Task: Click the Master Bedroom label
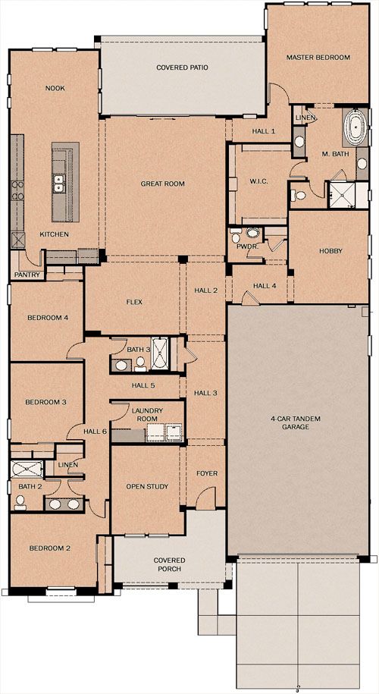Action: tap(318, 57)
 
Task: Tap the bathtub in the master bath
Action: tap(355, 127)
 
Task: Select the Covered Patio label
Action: tap(182, 68)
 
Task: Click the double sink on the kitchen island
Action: tap(58, 184)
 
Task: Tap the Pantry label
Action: tap(27, 275)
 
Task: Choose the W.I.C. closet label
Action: tap(256, 181)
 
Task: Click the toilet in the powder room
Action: tap(236, 237)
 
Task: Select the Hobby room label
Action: tap(330, 251)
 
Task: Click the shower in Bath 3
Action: tap(158, 353)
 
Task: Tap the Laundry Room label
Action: tap(148, 414)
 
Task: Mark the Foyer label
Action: tap(207, 473)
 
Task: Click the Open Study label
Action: tap(147, 486)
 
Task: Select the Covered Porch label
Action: tap(169, 564)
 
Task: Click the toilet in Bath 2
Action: tap(20, 502)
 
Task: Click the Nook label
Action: tap(55, 88)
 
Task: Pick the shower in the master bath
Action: tap(341, 195)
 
